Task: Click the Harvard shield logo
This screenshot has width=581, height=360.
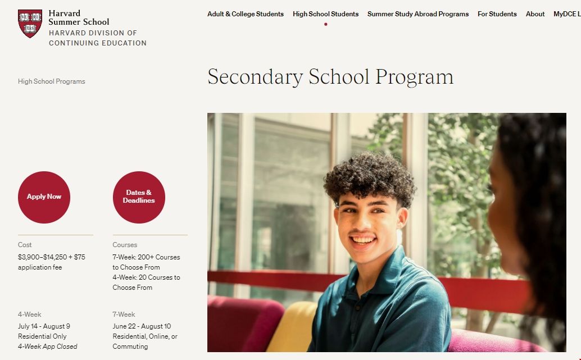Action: pos(30,23)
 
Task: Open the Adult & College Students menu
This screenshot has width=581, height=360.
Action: pos(245,14)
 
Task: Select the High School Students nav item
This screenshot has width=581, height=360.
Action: pos(325,14)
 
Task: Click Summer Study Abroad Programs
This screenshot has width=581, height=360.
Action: pos(417,14)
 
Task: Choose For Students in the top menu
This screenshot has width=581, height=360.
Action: pos(497,14)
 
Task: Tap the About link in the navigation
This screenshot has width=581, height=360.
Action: pos(535,14)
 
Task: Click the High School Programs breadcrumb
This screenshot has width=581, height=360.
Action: pos(52,81)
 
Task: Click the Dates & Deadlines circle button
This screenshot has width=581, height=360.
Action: pos(139,197)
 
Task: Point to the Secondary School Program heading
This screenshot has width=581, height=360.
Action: pos(330,77)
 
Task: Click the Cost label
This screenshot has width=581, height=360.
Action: pos(25,245)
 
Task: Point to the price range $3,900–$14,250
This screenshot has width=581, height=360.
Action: pos(43,257)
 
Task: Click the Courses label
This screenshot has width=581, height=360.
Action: pos(125,245)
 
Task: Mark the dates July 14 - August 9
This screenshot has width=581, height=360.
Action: pos(44,326)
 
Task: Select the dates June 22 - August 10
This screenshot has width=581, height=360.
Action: pos(142,326)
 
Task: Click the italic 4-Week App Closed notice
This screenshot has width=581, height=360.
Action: pos(48,347)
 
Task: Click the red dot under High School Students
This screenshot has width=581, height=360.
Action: pos(325,24)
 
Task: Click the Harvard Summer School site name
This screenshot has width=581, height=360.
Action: pos(79,17)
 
